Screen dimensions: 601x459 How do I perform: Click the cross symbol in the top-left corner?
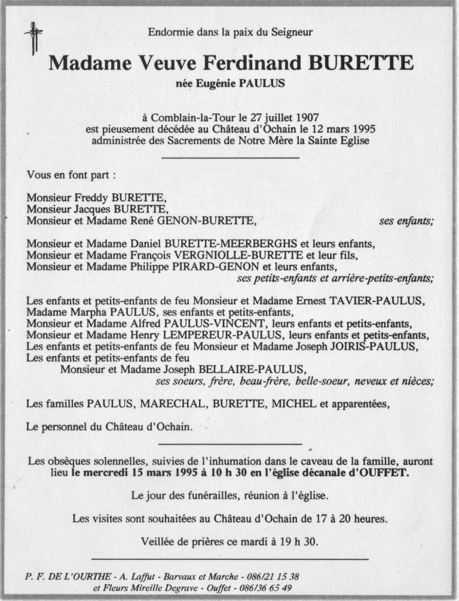coord(33,38)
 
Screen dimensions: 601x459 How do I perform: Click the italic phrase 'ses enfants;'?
coord(406,221)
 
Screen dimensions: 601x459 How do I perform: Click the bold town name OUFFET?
coord(388,472)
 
